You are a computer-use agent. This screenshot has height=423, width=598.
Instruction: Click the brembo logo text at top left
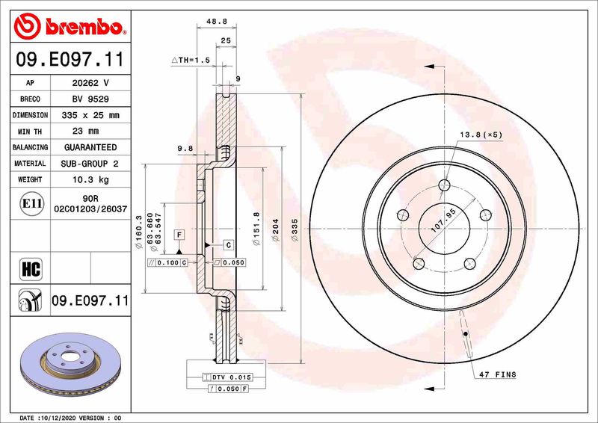pos(79,28)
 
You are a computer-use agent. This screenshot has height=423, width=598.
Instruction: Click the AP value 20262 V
pos(90,83)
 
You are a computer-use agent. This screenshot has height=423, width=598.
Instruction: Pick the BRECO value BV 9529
pos(90,99)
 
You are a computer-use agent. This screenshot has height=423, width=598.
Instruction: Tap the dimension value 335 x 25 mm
pos(90,115)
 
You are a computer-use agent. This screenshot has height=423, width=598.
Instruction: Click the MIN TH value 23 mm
pos(90,132)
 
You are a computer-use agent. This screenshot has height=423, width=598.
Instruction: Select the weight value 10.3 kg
pos(90,179)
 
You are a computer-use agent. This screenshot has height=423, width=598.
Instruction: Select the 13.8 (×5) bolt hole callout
pos(481,135)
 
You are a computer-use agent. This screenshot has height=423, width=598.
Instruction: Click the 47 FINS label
pos(496,374)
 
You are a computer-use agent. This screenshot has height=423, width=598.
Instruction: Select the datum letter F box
pos(179,234)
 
